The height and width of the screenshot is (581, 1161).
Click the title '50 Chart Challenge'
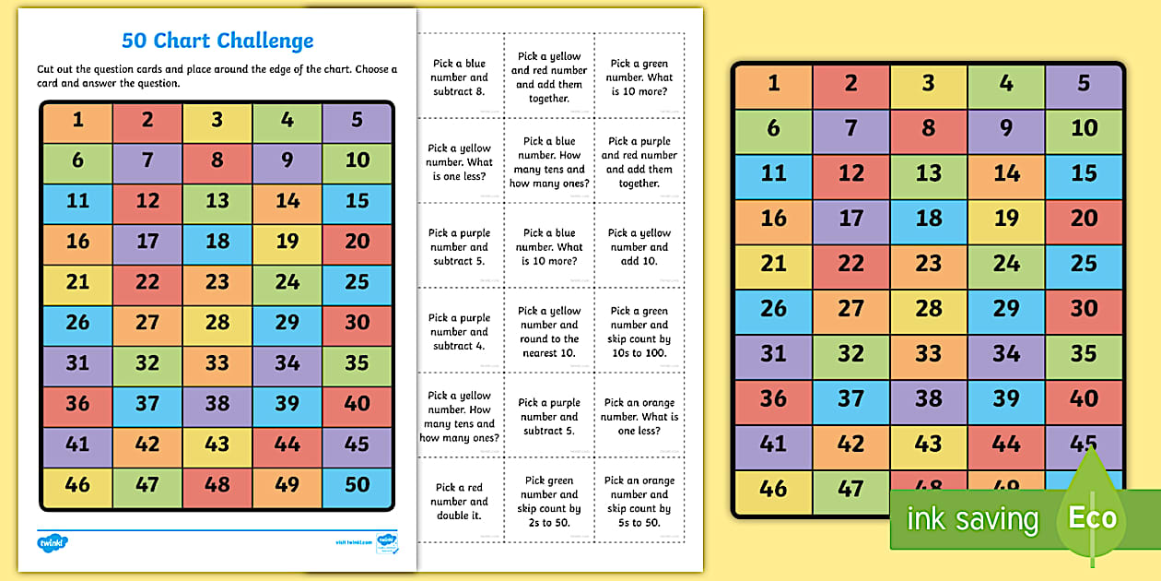coord(217,41)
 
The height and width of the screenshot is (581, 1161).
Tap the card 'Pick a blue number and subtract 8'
coord(460,77)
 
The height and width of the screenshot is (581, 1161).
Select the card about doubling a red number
coord(460,502)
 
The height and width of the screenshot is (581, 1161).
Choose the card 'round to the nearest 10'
coord(550,332)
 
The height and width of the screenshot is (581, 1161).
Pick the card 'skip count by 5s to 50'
coord(639,502)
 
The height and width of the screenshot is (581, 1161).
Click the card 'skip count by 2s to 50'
coord(550,502)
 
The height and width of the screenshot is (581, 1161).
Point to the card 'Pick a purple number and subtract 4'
coord(460,332)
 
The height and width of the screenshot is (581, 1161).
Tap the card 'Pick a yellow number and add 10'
coord(639,247)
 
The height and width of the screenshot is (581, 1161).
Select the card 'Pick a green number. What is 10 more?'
coord(639,77)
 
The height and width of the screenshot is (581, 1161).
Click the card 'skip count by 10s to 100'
coord(639,332)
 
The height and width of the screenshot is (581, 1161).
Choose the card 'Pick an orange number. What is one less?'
coord(639,417)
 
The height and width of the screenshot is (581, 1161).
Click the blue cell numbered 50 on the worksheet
coord(357,484)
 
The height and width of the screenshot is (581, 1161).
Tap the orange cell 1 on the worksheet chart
coord(77,120)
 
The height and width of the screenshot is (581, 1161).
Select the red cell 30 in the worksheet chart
coord(357,322)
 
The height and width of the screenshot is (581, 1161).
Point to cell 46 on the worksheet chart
coord(77,484)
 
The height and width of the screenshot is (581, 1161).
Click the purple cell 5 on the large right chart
coord(1084,84)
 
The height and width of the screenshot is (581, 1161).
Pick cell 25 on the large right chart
coord(1084,264)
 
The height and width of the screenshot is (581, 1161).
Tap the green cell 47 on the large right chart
coord(850,490)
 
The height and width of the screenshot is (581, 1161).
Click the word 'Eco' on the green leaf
coord(1092,517)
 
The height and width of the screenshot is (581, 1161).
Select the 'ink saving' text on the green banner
coord(972,519)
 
